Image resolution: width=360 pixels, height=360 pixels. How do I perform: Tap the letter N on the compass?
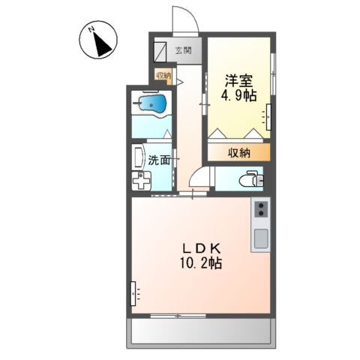click(x=90, y=30)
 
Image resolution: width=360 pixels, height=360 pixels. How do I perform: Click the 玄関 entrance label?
click(x=184, y=51)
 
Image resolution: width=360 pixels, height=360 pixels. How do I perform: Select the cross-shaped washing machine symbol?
click(x=142, y=180)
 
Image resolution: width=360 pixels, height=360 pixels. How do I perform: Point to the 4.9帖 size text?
click(x=238, y=95)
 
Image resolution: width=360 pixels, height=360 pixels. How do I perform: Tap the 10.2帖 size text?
click(x=199, y=264)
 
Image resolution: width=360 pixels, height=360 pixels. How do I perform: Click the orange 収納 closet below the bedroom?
click(x=238, y=152)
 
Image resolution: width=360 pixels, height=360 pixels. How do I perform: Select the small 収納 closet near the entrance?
click(x=163, y=75)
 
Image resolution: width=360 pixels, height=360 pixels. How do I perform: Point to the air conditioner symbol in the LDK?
click(x=134, y=292)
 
